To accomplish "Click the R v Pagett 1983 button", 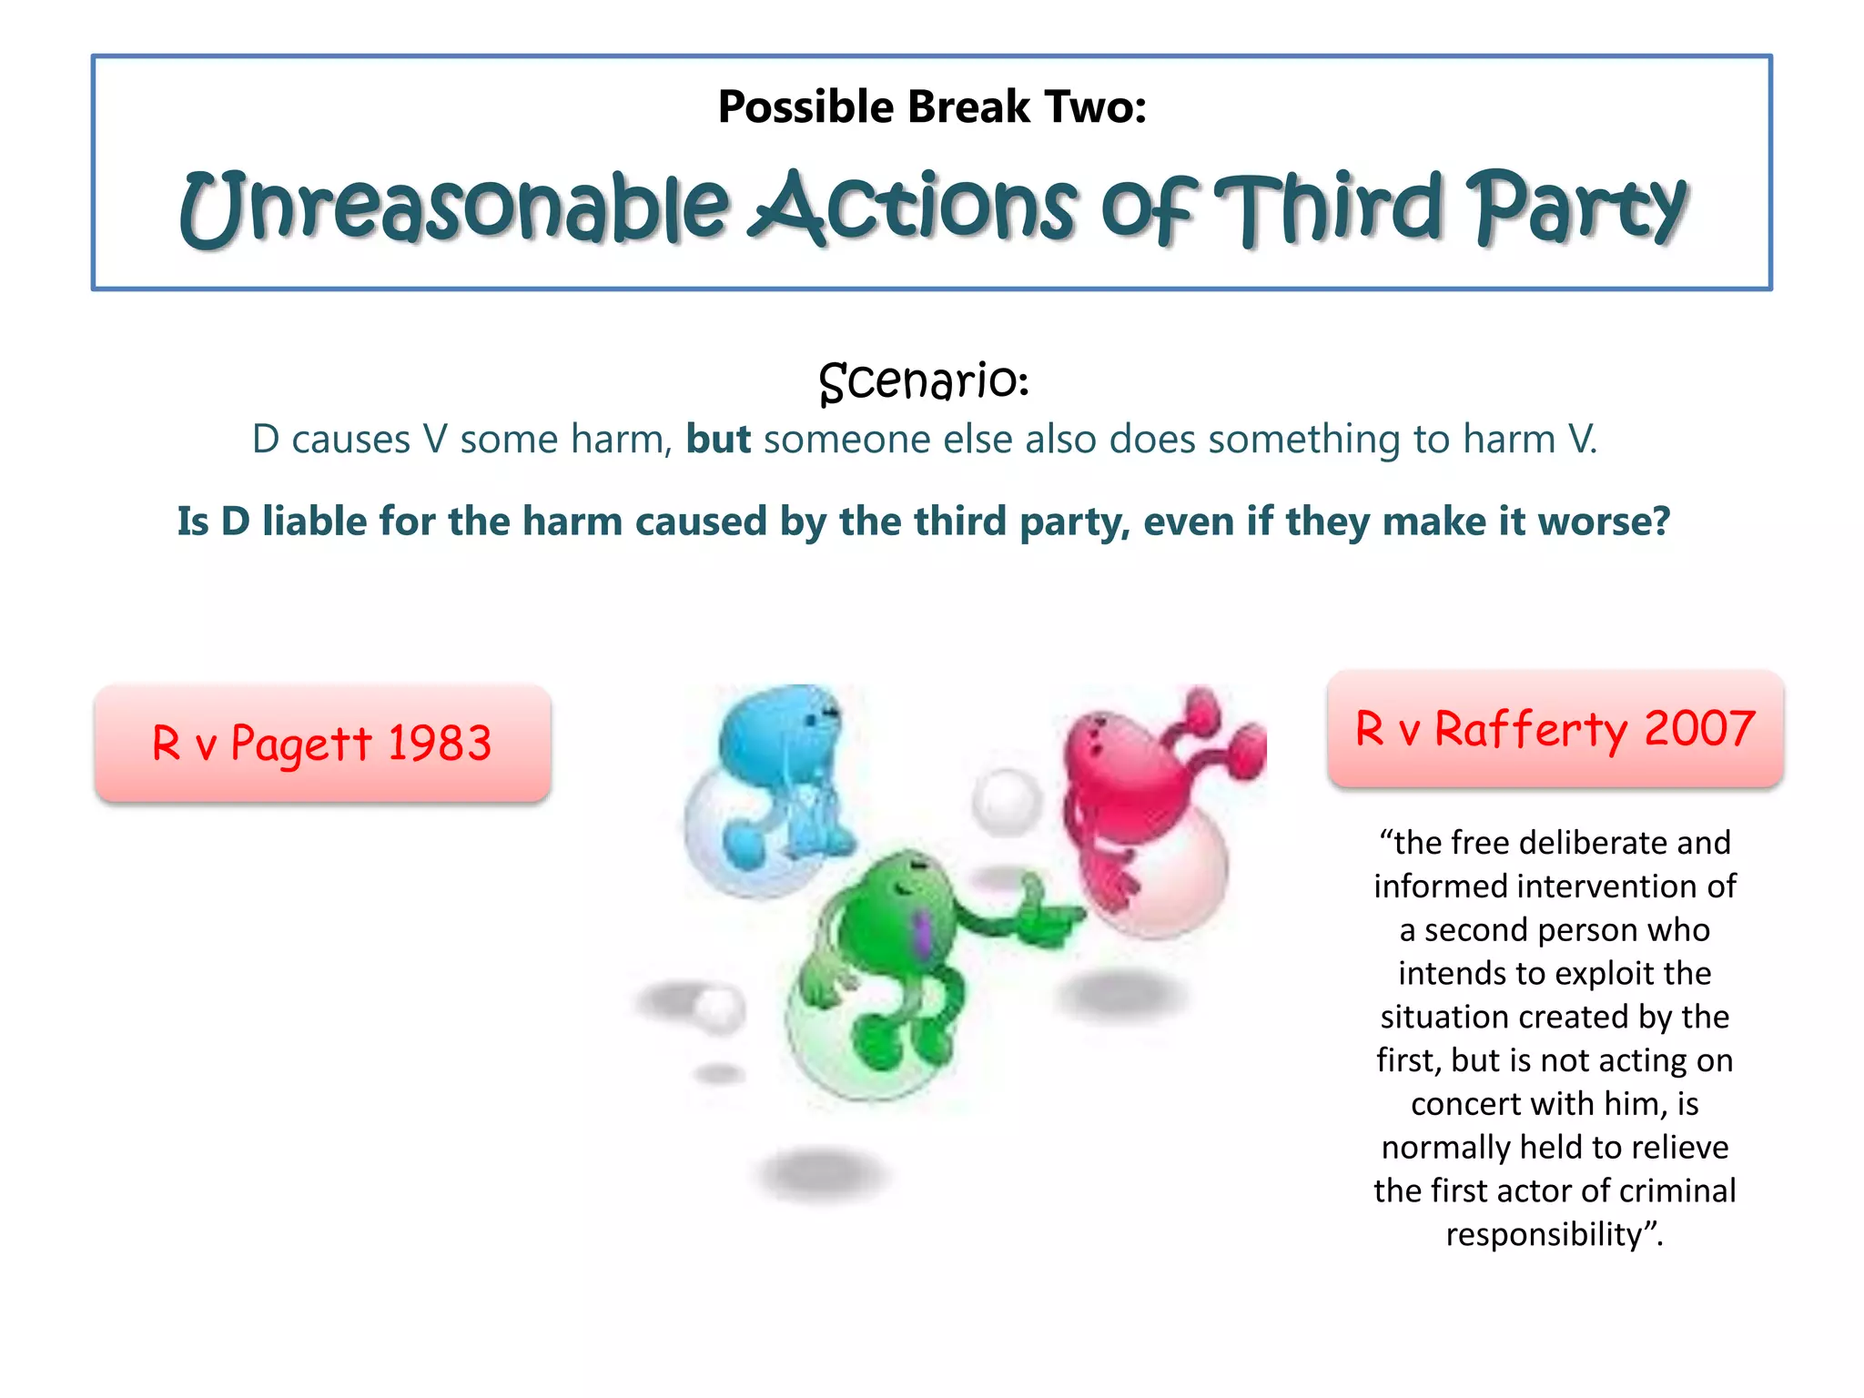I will [x=322, y=743].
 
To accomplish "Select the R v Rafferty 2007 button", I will [x=1555, y=729].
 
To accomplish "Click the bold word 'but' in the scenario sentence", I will [x=718, y=440].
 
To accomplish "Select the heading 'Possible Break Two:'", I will [x=931, y=106].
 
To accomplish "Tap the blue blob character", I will [x=783, y=774].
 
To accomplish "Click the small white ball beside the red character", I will [x=1006, y=801].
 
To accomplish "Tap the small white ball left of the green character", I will [x=719, y=1008].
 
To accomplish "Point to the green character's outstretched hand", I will [x=1047, y=915].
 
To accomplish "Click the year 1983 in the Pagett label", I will [x=440, y=743].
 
